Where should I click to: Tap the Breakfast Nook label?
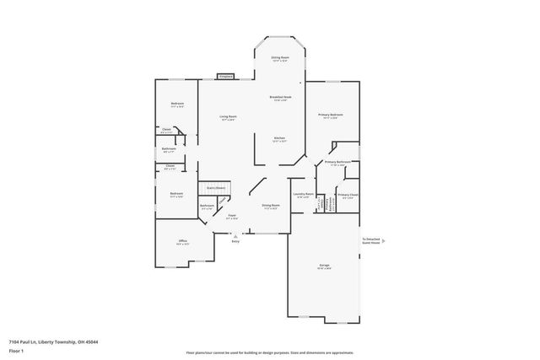[x=281, y=98]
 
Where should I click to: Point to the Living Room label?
[x=228, y=117]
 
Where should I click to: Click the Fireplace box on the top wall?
[x=225, y=77]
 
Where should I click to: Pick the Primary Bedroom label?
[x=330, y=116]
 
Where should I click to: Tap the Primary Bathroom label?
[x=337, y=162]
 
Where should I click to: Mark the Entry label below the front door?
[x=235, y=241]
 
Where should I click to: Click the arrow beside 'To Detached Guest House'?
[x=384, y=241]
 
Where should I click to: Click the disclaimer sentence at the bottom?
[x=269, y=352]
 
